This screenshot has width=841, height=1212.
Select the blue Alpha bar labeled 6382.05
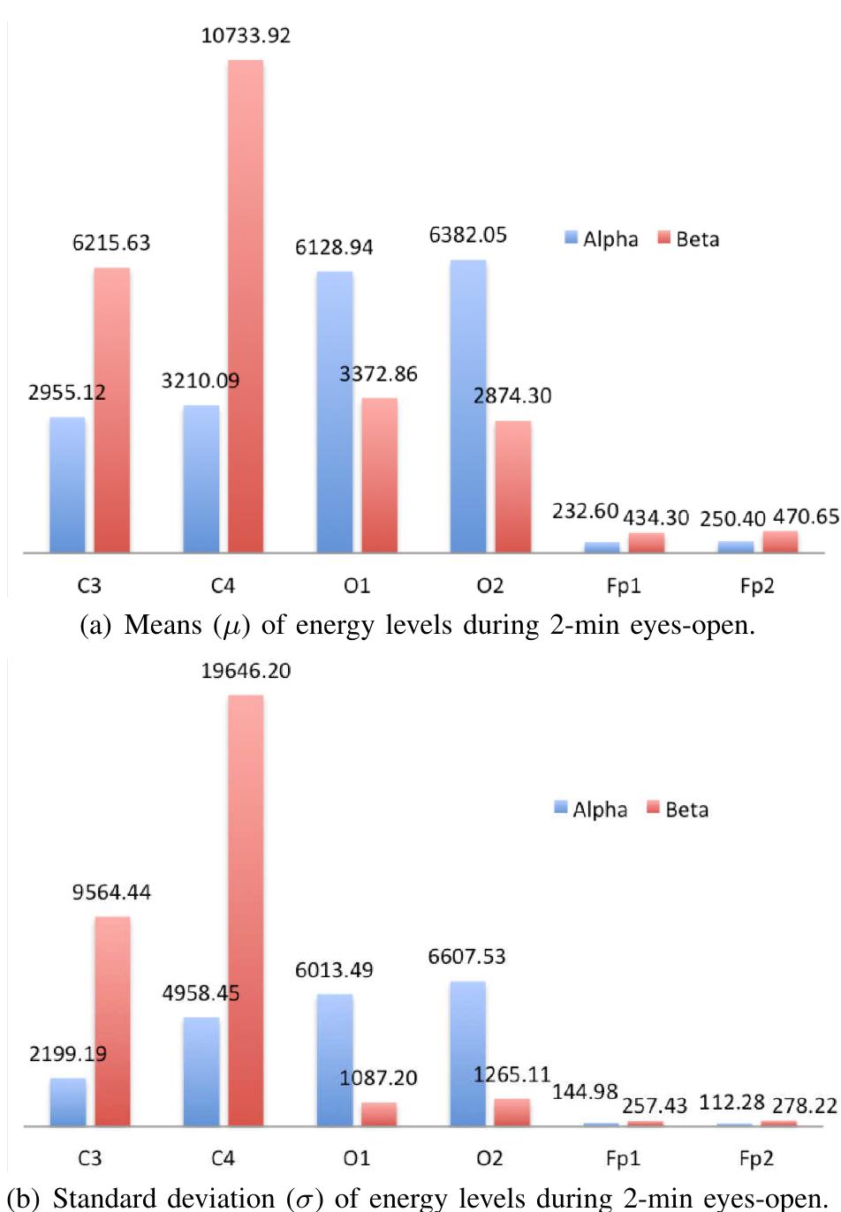(x=468, y=406)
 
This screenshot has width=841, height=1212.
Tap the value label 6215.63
(x=111, y=243)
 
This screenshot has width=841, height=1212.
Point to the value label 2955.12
(x=66, y=393)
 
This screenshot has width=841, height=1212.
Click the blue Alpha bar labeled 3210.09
(x=201, y=478)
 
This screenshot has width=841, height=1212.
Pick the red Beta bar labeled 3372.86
(x=379, y=475)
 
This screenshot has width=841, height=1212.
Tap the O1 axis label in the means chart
(x=357, y=586)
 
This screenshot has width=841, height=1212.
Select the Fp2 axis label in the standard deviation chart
(x=756, y=1158)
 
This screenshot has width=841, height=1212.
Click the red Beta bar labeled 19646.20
(x=246, y=910)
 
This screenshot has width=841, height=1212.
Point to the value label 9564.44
(x=111, y=892)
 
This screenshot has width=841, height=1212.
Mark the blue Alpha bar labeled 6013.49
(x=335, y=1060)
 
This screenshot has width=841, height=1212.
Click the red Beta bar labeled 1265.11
(x=512, y=1112)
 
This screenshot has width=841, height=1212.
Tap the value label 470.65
(x=806, y=516)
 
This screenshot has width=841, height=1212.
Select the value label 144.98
(x=585, y=1092)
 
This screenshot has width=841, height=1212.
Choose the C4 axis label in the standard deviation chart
(x=223, y=1158)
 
